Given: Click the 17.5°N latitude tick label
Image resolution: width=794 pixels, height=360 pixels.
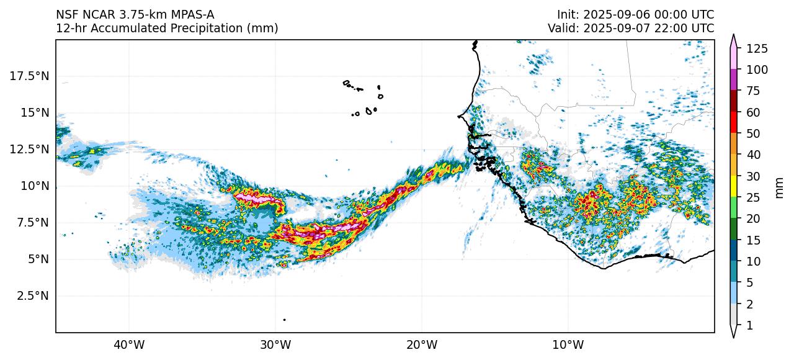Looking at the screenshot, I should coord(30,76).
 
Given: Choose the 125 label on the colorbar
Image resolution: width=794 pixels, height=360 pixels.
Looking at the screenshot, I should coord(757,48).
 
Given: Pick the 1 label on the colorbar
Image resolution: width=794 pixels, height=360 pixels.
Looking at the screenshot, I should coord(749,325).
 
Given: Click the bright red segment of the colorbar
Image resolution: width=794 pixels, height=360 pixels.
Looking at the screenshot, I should coord(733,123).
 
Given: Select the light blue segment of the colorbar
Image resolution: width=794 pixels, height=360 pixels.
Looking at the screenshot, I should coord(733,293).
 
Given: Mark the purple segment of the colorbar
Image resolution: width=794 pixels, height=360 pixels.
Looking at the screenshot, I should coord(733,80).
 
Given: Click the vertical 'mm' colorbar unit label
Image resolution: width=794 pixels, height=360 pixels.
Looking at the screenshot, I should coord(780,187).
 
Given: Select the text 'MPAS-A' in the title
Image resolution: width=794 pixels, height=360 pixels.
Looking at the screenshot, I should coord(193,15).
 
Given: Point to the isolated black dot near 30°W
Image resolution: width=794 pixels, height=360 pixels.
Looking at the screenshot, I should coord(284,320).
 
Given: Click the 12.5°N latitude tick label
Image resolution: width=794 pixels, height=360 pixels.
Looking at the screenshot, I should coord(30,150).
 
